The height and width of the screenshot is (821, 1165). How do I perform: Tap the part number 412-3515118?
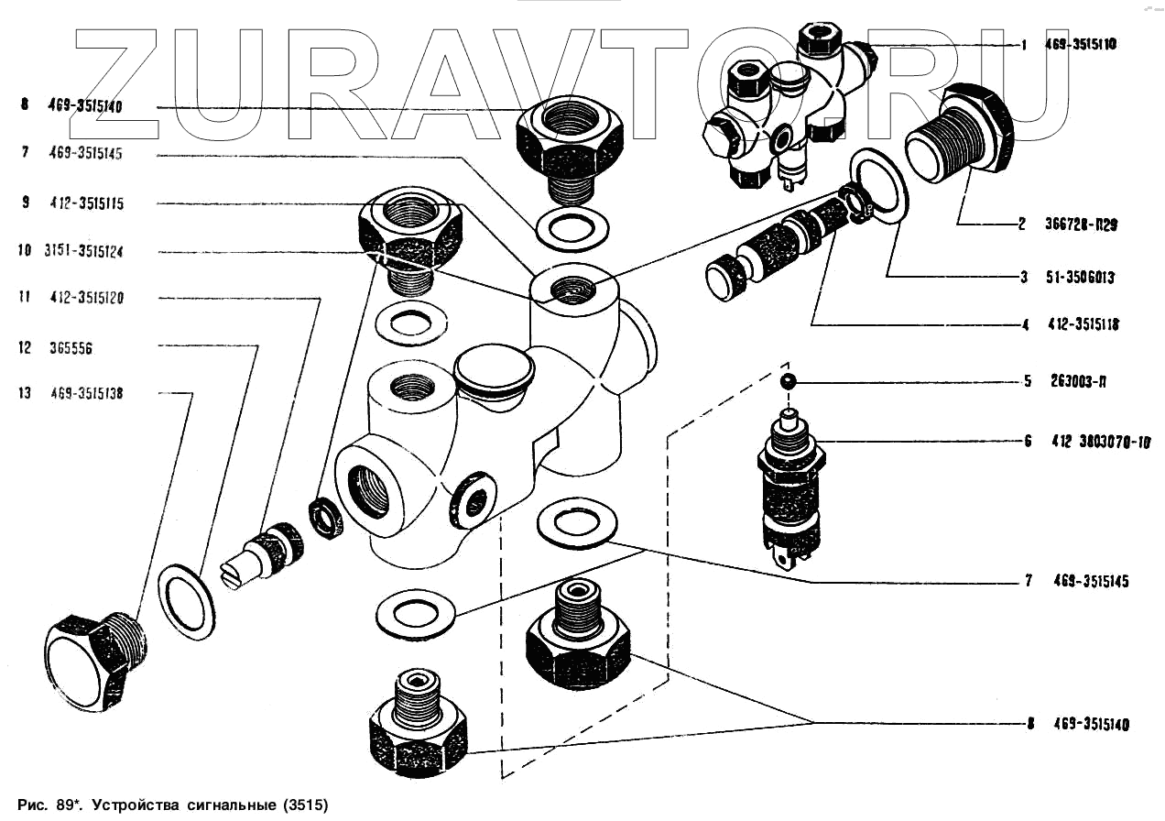click(1085, 324)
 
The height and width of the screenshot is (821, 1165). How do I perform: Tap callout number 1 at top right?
click(1023, 44)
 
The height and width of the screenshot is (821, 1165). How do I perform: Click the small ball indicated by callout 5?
click(787, 380)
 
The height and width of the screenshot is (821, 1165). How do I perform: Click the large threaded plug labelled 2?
click(962, 133)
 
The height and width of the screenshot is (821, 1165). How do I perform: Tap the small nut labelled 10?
click(325, 518)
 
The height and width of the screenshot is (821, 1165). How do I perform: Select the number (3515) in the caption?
click(302, 805)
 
